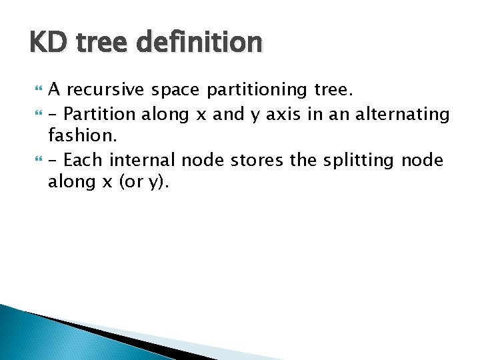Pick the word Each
(x=83, y=160)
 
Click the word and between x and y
(x=229, y=114)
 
